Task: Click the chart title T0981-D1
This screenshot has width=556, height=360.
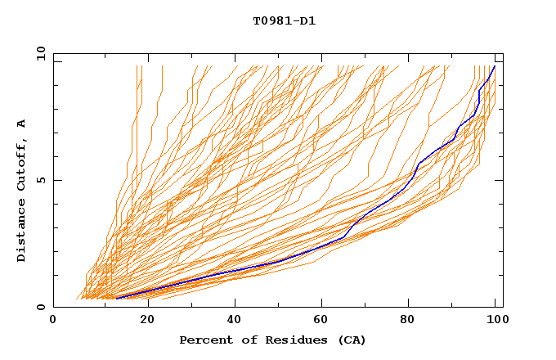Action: tap(284, 21)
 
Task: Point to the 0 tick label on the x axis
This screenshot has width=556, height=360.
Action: tap(53, 320)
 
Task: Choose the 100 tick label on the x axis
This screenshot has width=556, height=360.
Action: tap(495, 320)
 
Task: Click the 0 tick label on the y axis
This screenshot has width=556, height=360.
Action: tap(41, 308)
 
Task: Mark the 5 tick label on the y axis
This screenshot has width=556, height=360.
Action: tap(41, 180)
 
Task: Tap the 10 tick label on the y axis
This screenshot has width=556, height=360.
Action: tap(38, 53)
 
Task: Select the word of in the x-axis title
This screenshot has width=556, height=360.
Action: tap(245, 340)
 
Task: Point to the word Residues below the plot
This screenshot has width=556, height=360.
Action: tap(291, 340)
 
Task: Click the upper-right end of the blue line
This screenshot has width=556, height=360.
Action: tap(495, 66)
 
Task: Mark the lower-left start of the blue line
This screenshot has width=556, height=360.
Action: tap(116, 298)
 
